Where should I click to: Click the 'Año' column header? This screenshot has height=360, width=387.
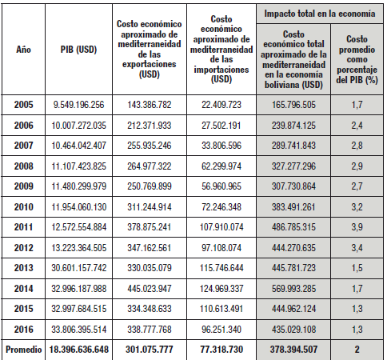coord(23,50)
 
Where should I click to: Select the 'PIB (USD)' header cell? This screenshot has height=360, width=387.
coord(78,50)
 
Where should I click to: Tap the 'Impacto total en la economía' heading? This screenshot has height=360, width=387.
coord(320,14)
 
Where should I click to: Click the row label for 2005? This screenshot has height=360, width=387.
coord(23,105)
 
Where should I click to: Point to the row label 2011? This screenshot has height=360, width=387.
coord(23,227)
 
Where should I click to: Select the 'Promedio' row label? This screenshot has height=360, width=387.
coord(23,350)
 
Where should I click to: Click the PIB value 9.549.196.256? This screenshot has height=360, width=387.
coord(78,105)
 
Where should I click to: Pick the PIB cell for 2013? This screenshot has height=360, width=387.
coord(78,268)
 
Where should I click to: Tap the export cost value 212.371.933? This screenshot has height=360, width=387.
coord(150,126)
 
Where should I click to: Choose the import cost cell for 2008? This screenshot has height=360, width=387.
coord(221,166)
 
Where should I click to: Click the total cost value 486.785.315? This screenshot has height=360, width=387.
coord(293,227)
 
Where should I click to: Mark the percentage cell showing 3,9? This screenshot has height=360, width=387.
coord(357,227)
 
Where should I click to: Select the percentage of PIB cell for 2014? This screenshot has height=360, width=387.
coord(357,289)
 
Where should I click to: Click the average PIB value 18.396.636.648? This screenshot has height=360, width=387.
coord(78,350)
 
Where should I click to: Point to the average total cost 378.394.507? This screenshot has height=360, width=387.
coord(293,350)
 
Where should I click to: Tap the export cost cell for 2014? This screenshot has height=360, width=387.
coord(150,289)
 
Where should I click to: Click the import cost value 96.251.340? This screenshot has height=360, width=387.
coord(221,330)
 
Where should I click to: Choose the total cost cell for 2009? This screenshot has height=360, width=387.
coord(293,186)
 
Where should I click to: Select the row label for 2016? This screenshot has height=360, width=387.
coord(23,330)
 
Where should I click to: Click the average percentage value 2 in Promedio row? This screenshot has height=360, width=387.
coord(357,350)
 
